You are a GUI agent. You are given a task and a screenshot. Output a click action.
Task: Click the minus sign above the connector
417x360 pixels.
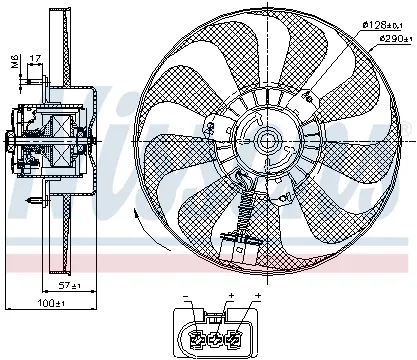click(186, 297)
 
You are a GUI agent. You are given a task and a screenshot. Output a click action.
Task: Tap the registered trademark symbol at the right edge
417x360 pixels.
click(406, 125)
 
